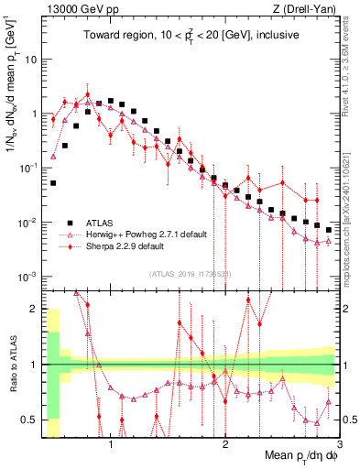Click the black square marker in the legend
(70, 223)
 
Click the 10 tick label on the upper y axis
(30, 60)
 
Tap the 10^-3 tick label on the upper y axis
(27, 277)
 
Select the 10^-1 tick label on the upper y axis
(27, 168)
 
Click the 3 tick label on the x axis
(338, 445)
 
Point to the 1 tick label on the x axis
(111, 445)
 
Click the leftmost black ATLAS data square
(53, 183)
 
